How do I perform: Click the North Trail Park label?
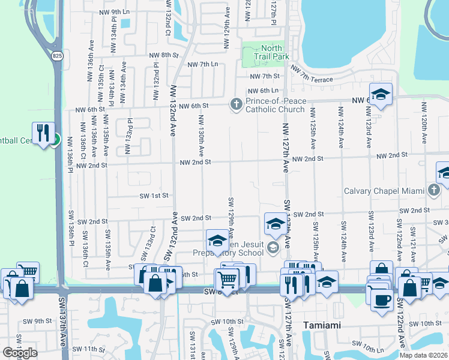coord(276,52)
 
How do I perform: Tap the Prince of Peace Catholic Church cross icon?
coord(237,105)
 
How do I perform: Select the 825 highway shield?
coord(57,56)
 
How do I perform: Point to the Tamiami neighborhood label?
coord(322,325)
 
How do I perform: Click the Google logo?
coord(20,353)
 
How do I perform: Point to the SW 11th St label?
coord(88,349)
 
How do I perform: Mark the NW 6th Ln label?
coord(265,90)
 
